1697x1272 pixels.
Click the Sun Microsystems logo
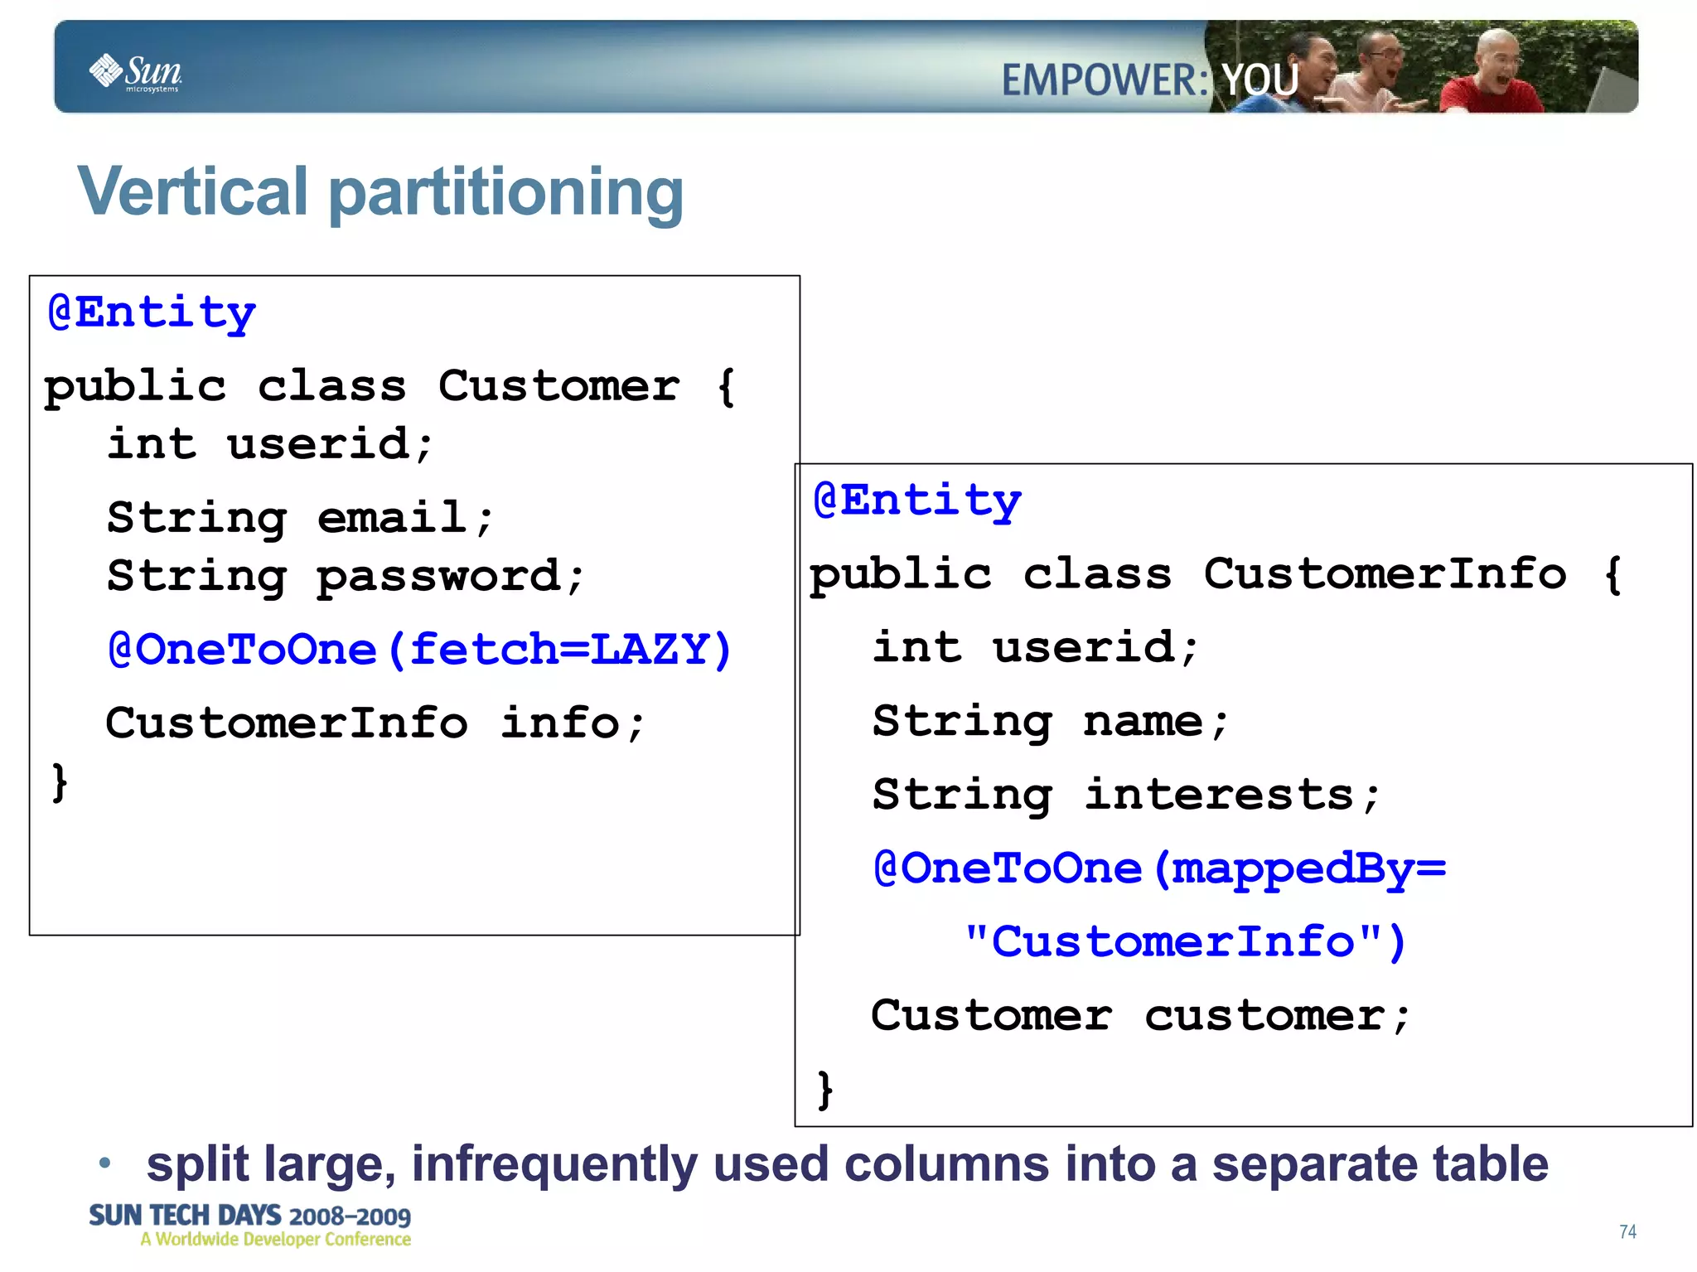tap(136, 73)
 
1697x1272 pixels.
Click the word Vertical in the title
tap(193, 191)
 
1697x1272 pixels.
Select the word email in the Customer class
tap(392, 518)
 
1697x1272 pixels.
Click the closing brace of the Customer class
tap(60, 783)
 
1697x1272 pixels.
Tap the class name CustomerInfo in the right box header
tap(1385, 573)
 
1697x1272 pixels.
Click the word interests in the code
tap(1220, 795)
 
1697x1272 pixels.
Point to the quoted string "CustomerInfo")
tap(1185, 942)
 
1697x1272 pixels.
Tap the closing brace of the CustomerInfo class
tap(825, 1090)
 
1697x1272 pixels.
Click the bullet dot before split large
tap(104, 1163)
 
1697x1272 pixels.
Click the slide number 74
tap(1627, 1232)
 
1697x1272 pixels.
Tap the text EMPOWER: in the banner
tap(1105, 80)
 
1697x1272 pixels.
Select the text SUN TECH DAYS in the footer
tap(185, 1216)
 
